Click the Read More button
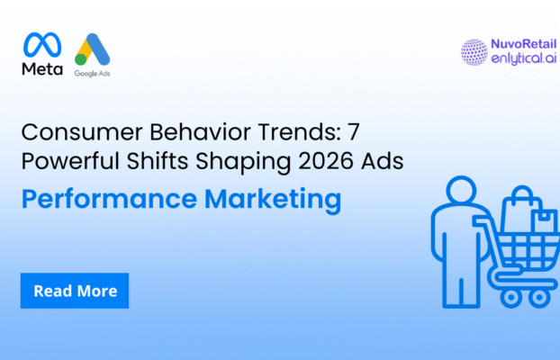pos(75,291)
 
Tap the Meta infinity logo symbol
pos(42,45)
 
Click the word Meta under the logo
pos(42,69)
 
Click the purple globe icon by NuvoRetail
pos(473,51)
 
